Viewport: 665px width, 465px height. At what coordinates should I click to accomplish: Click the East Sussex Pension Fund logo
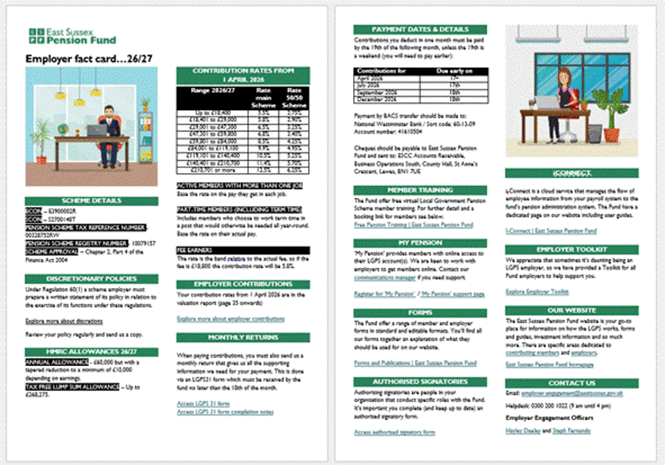[72, 35]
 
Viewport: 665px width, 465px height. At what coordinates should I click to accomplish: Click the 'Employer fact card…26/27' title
[89, 58]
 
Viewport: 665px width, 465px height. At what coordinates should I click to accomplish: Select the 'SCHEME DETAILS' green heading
[91, 200]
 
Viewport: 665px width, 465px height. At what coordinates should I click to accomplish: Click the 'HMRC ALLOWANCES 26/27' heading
[91, 351]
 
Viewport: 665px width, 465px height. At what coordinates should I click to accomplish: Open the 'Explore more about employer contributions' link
[220, 319]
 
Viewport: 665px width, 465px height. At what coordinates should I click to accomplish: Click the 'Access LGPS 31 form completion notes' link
[225, 411]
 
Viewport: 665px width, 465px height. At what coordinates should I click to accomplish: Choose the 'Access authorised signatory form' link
[394, 432]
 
